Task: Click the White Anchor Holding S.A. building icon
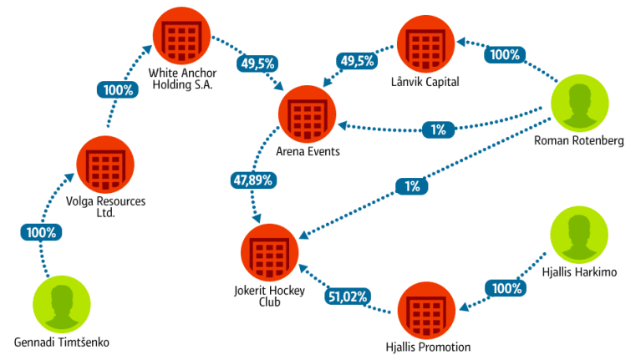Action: (182, 35)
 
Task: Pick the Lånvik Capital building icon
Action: (425, 45)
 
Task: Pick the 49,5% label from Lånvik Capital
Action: (357, 60)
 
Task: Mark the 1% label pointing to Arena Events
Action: (438, 129)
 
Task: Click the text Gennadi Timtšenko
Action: (62, 342)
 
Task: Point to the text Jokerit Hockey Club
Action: (269, 297)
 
